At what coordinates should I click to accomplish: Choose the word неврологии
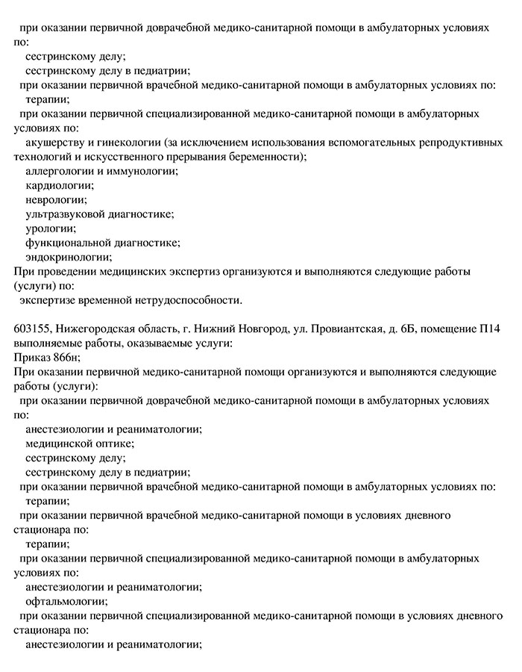(x=56, y=199)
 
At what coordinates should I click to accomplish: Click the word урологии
(x=51, y=228)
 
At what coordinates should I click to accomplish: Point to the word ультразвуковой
(x=66, y=214)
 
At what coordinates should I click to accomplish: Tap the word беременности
(x=265, y=157)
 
